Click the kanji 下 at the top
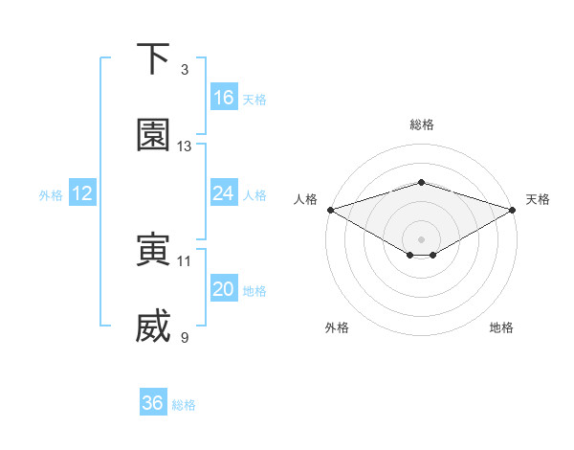pos(153,59)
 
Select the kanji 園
pos(153,136)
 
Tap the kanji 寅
pos(153,250)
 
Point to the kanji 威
pos(153,326)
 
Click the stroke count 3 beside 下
pos(185,70)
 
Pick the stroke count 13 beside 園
pos(185,146)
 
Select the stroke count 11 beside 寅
pos(185,260)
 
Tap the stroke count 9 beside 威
pos(185,337)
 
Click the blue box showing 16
pos(224,98)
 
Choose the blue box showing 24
pos(224,193)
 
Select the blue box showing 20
pos(224,289)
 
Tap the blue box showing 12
pos(82,193)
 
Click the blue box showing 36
pos(153,403)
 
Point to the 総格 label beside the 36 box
pos(184,405)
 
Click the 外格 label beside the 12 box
pos(51,195)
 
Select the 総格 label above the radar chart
pos(421,124)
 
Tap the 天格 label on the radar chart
pos(539,199)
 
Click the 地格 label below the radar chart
pos(501,327)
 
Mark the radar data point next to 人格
pos(330,210)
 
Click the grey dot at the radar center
pos(421,237)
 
